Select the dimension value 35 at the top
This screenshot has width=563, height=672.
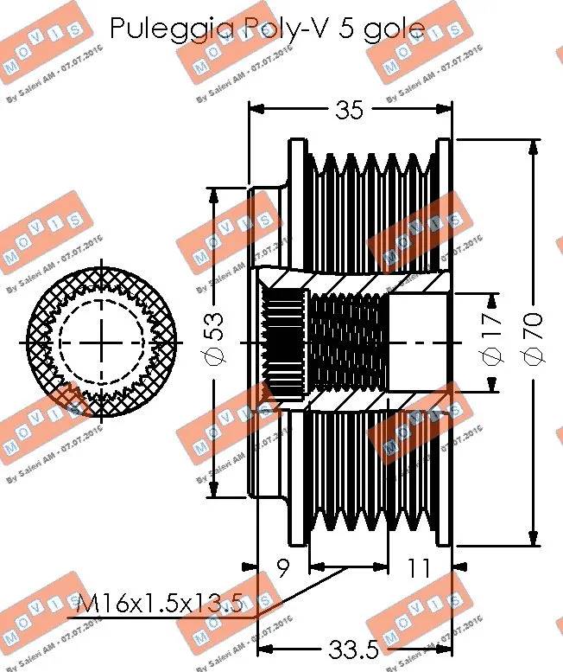(350, 109)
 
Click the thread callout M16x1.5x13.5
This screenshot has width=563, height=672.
(160, 603)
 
